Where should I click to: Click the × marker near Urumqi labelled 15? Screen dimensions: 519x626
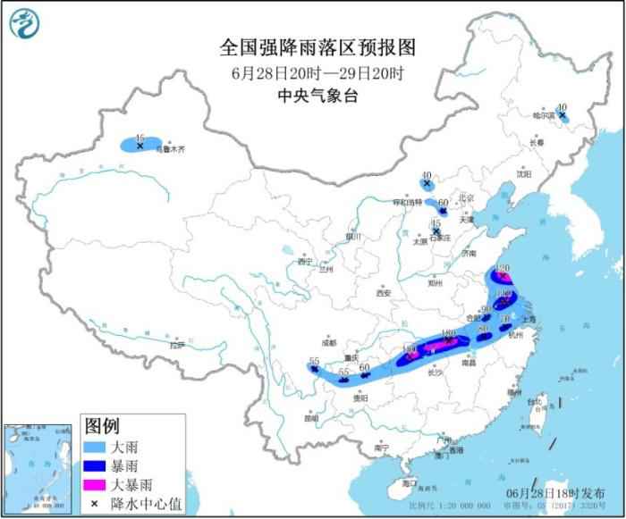pos(140,145)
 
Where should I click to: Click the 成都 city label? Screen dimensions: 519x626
pos(327,342)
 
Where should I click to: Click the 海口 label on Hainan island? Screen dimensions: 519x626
pos(410,482)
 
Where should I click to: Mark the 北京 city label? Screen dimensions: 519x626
pos(463,198)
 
